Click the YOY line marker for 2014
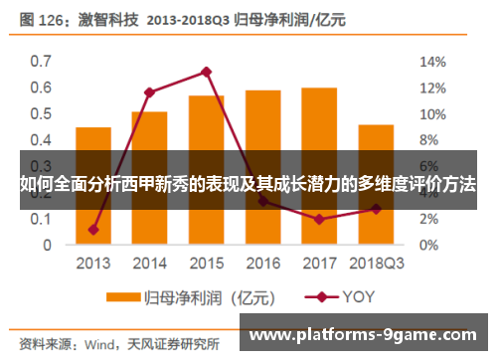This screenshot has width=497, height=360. point(149,92)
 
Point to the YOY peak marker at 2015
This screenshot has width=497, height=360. point(206,72)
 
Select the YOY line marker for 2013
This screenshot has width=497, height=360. point(92,230)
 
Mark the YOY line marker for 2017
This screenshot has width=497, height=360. point(318,219)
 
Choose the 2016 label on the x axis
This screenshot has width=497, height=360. point(262,265)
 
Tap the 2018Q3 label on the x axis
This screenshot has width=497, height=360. point(376,265)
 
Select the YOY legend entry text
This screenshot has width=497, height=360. point(360,296)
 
